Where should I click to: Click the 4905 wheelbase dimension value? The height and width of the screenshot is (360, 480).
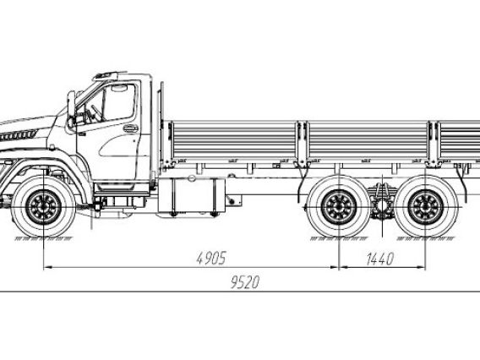211,258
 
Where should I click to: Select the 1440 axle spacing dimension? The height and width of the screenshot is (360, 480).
379,259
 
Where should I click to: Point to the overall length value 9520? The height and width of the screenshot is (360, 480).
245,282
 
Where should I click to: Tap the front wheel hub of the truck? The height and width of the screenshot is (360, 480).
44,207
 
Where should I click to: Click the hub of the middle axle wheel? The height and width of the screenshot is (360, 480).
339,207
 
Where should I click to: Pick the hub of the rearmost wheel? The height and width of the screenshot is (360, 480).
425,207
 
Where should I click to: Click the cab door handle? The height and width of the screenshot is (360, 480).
131,128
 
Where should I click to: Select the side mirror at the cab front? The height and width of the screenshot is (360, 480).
71,109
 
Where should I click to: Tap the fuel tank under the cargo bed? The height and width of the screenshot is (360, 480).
192,195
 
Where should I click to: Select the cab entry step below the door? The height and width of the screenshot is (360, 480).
122,194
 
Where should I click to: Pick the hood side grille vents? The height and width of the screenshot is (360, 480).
19,135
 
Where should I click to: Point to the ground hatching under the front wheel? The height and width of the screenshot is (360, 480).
44,239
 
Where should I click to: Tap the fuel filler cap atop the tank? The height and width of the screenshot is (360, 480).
192,177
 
